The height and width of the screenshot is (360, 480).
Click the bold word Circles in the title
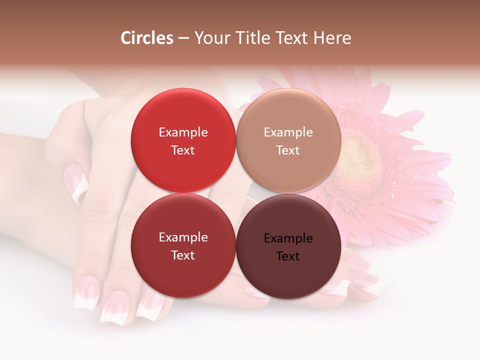[x=147, y=38]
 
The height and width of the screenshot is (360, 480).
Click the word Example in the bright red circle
[x=183, y=132]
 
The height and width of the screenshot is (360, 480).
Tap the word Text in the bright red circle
[x=183, y=150]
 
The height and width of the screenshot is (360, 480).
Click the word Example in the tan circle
[x=288, y=132]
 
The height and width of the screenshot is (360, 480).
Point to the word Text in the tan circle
[x=288, y=150]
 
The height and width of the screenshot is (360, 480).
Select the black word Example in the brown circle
[x=288, y=238]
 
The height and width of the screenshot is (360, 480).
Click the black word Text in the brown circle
[x=288, y=256]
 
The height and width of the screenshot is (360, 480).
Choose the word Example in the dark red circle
[x=183, y=237]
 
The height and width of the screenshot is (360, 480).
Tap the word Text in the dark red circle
[x=183, y=255]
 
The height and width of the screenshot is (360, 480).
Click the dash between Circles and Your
[x=183, y=38]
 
